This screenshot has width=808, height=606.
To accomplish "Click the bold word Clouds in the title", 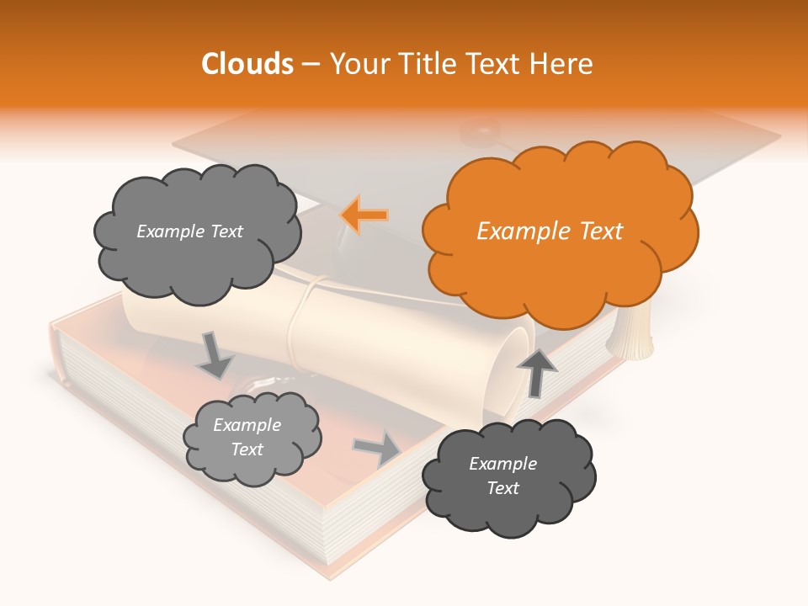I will [x=247, y=64].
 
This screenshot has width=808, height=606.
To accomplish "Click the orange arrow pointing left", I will [x=364, y=215].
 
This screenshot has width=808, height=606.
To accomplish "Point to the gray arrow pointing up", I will [x=537, y=371].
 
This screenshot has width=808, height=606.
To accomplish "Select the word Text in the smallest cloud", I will [x=247, y=449].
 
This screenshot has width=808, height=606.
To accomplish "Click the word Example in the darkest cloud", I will [x=502, y=464].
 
